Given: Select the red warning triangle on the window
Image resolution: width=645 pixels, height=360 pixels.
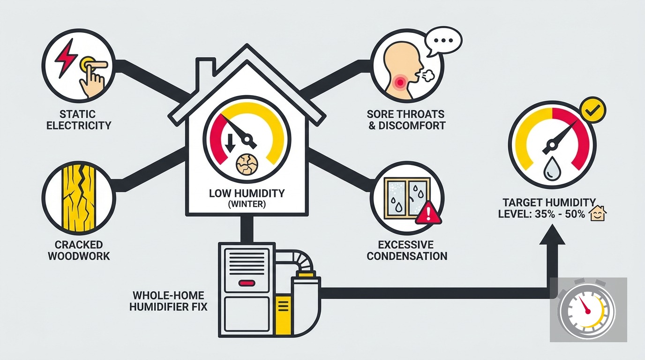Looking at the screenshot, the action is click(x=428, y=213).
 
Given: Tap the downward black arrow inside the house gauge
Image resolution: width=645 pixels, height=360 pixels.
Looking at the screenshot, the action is click(x=230, y=143).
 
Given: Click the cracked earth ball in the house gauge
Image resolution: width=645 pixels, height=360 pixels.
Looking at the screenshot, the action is click(x=247, y=165).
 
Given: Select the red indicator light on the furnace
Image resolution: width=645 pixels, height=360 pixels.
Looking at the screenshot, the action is click(x=247, y=284).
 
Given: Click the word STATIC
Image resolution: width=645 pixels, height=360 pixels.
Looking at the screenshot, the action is click(x=77, y=114).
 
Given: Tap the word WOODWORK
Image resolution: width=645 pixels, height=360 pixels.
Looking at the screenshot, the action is click(x=79, y=256).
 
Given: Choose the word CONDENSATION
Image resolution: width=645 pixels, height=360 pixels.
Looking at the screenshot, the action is click(x=407, y=256).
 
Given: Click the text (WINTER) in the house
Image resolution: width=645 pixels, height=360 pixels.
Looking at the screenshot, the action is click(x=247, y=204).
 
